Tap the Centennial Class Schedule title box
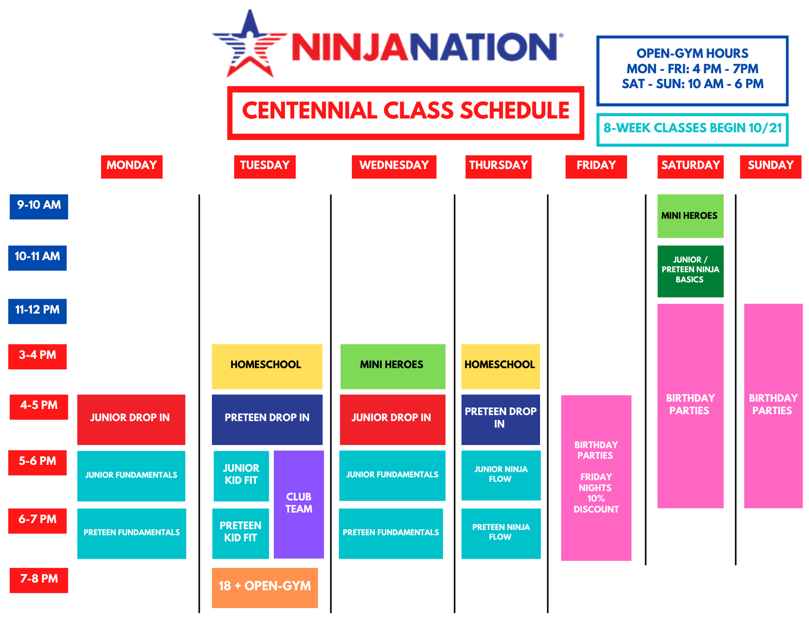coord(405,113)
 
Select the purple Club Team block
coord(299,504)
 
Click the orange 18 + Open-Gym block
coord(265,587)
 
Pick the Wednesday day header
coord(394,166)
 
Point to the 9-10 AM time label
coord(39,207)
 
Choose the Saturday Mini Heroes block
coord(690,216)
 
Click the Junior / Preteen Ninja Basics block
coord(690,271)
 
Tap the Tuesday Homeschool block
coord(267,366)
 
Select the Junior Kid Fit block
coord(241,475)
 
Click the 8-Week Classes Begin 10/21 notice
coord(692,129)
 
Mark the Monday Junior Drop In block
coord(131,419)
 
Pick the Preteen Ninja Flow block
coord(501,533)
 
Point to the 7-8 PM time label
coord(39,580)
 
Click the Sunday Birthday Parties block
coord(773,405)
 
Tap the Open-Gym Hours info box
coord(692,70)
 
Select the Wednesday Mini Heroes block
coord(392,366)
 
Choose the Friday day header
coord(596,166)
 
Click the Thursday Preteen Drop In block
coord(500,419)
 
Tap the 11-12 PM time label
coord(38,311)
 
